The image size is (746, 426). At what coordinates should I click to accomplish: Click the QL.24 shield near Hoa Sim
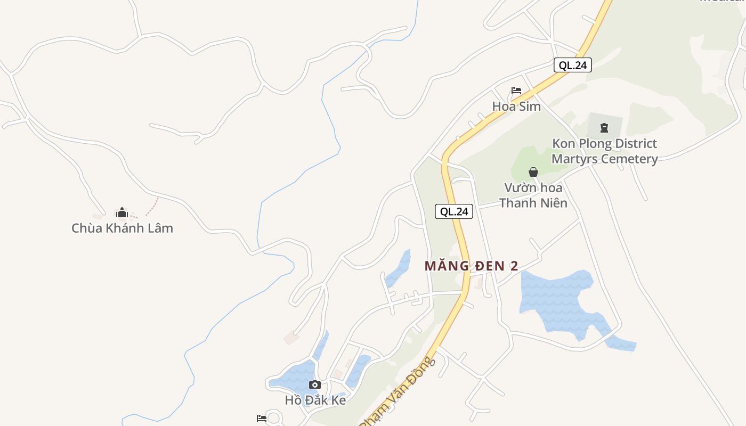(572, 65)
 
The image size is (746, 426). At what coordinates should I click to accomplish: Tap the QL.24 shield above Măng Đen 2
(454, 211)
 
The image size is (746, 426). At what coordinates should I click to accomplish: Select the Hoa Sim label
(516, 106)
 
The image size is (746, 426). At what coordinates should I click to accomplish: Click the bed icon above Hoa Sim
(516, 91)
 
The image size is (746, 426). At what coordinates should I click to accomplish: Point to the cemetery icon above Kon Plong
(604, 128)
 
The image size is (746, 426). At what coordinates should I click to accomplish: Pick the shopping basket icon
(533, 172)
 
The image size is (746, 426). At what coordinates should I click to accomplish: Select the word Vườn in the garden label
(520, 187)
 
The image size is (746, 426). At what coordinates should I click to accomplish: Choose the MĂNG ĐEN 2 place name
(471, 266)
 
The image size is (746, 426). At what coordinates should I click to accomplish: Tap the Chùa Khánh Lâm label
(122, 228)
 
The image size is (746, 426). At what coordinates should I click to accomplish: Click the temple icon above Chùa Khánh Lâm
(122, 213)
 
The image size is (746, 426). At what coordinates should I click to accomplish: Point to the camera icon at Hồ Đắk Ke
(315, 384)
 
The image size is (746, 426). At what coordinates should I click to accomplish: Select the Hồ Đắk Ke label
(315, 400)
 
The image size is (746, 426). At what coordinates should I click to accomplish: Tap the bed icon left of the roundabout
(261, 419)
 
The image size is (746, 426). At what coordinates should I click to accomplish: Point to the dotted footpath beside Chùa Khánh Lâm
(152, 207)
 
